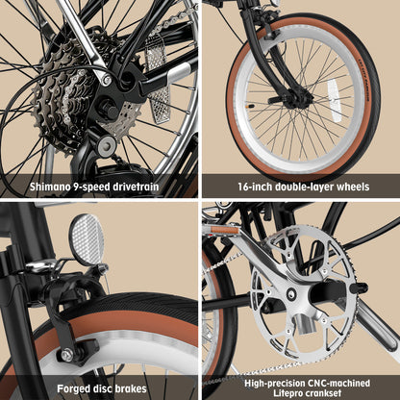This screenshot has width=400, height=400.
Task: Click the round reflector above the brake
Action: [87, 239]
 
